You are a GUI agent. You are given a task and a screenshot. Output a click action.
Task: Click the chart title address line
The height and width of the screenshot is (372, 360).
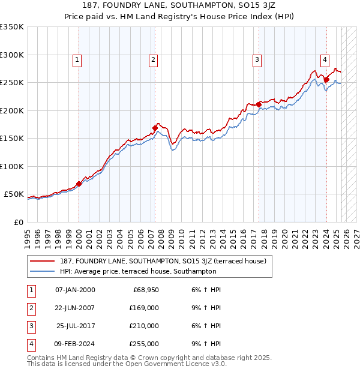pos(179,7)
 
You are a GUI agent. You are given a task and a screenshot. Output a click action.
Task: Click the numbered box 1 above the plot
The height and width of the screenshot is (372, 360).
pos(79,59)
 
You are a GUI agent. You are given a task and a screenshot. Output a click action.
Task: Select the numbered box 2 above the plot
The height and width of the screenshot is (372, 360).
pos(154,59)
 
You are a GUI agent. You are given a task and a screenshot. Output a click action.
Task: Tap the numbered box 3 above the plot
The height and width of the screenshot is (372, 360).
pos(257,59)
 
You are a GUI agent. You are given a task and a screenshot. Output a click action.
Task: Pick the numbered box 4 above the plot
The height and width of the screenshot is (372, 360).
pos(325,59)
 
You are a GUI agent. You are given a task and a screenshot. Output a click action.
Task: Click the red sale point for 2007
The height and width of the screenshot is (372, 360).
pos(155,128)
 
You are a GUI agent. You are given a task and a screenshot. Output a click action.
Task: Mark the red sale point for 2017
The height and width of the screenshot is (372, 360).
pos(259,104)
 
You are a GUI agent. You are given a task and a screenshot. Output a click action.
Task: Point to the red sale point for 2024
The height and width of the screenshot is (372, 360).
pos(326,79)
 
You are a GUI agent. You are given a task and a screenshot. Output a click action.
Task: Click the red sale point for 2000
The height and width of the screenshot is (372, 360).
pos(79,184)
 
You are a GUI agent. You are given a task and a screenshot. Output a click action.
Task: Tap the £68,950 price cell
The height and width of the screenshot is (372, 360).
pos(145,290)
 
